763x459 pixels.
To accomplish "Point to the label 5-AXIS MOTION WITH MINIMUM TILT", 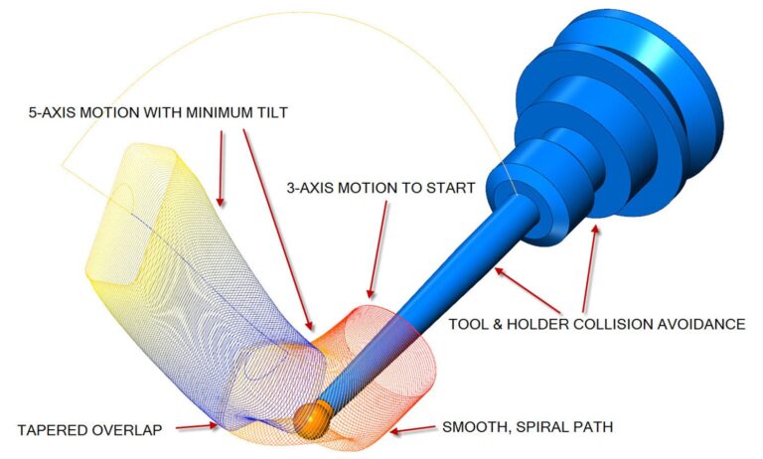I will click(157, 113).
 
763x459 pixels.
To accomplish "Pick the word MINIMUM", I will click(212, 113).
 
